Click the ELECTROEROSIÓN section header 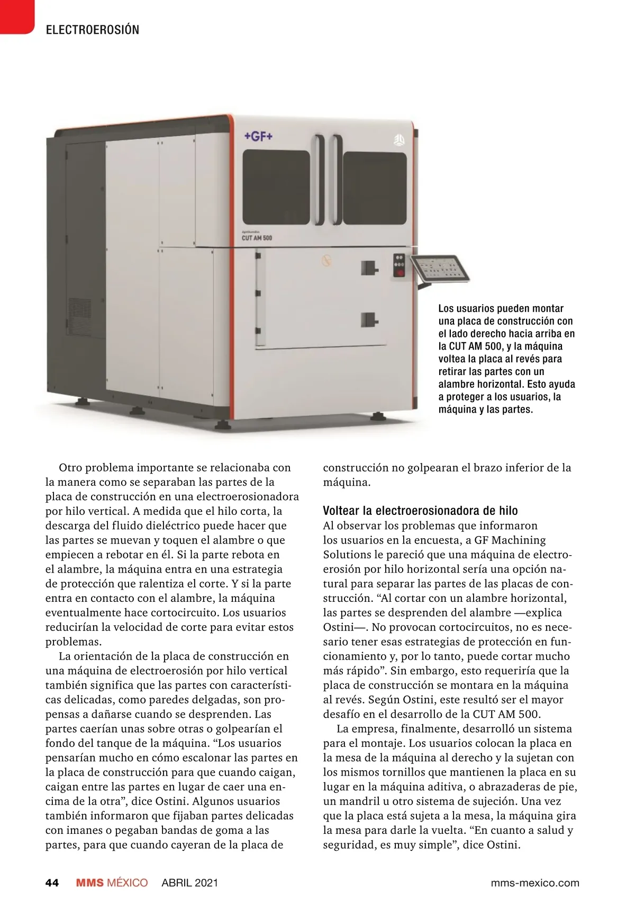point(93,30)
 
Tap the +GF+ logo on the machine point(258,136)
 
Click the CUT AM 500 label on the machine point(257,238)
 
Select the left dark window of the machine point(276,187)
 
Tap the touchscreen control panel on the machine point(440,269)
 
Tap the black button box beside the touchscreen point(400,265)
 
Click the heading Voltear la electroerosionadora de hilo point(420,511)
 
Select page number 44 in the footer point(52,883)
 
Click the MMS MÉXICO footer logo point(112,883)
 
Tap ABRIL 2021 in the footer point(189,883)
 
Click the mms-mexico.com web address point(534,883)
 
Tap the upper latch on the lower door point(369,268)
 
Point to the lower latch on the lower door point(369,319)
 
